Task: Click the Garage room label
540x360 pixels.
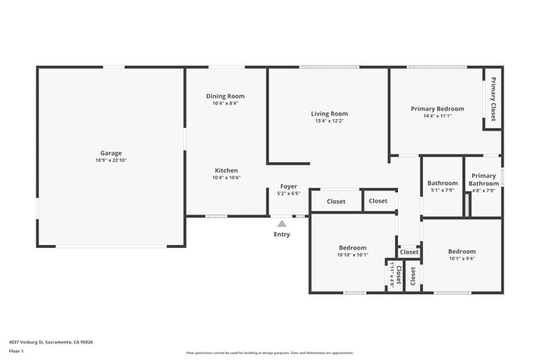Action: tap(111, 153)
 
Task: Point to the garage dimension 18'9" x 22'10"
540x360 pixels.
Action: tap(111, 160)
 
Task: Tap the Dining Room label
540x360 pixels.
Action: tap(225, 96)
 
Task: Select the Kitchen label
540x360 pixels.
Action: tap(226, 170)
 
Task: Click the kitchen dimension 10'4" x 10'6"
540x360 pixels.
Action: tap(226, 178)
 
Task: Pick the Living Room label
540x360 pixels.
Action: tap(329, 114)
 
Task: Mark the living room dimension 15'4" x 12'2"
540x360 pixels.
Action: tap(329, 121)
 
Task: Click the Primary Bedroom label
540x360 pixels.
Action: tap(437, 109)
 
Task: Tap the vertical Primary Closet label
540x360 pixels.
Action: tap(493, 99)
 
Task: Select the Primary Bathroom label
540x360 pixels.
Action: tap(484, 180)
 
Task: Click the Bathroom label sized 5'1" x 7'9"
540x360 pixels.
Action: tap(442, 183)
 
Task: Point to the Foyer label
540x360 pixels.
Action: tap(288, 186)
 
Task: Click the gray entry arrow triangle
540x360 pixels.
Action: tap(282, 223)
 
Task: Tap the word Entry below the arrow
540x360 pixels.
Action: tap(282, 234)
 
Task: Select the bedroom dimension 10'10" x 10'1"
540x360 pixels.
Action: tap(352, 255)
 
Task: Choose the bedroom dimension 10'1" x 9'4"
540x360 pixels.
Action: tap(462, 259)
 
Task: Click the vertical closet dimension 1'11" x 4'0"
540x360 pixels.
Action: tap(390, 274)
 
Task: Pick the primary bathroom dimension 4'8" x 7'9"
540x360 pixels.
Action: tap(484, 190)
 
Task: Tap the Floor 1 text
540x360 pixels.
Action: tap(17, 351)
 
